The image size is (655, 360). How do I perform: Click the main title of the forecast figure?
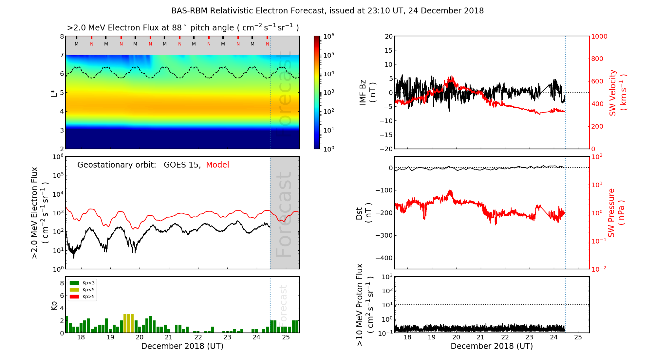tap(327, 11)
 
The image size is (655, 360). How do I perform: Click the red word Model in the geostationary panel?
tap(217, 165)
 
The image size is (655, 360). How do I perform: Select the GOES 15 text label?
tap(182, 165)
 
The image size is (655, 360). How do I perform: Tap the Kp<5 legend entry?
tap(82, 290)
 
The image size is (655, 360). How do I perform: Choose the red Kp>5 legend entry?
tap(82, 297)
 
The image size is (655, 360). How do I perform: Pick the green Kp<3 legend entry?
tap(82, 283)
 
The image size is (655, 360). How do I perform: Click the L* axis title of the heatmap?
tap(54, 92)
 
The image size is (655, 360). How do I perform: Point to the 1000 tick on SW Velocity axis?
tap(599, 36)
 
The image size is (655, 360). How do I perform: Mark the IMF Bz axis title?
tap(367, 92)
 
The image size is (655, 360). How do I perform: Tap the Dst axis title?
tap(364, 213)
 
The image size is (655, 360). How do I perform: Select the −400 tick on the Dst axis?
tap(384, 258)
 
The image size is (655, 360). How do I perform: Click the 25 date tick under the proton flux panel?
tap(578, 337)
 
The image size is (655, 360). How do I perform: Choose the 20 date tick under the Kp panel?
tap(140, 337)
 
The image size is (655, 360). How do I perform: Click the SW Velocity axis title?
tap(617, 92)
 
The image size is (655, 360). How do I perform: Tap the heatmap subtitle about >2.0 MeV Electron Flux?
tap(182, 28)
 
